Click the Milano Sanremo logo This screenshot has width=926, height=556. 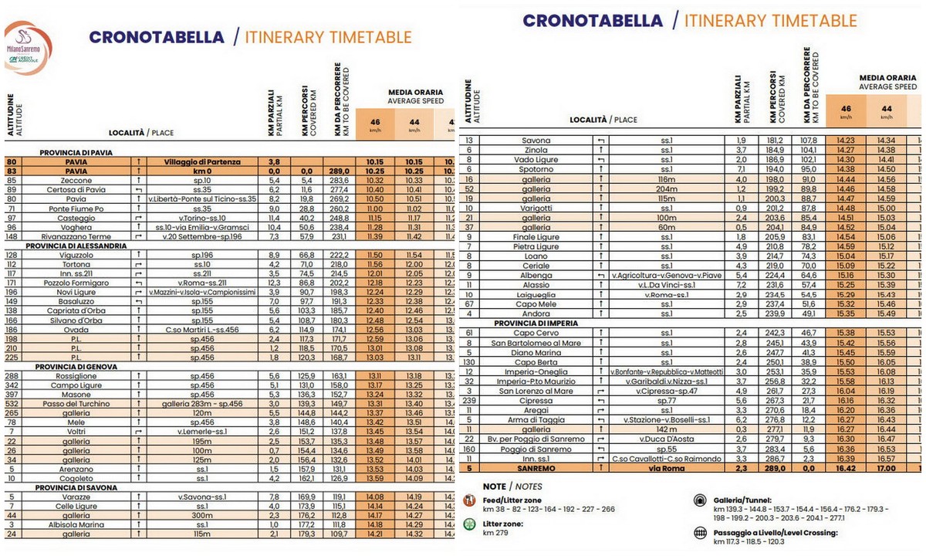click(28, 48)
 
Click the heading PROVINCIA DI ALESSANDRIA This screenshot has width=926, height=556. click(76, 246)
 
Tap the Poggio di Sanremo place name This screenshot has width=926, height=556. click(535, 449)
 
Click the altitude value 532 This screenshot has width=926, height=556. click(12, 404)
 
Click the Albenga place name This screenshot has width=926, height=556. click(535, 275)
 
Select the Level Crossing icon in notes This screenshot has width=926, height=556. click(701, 532)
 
